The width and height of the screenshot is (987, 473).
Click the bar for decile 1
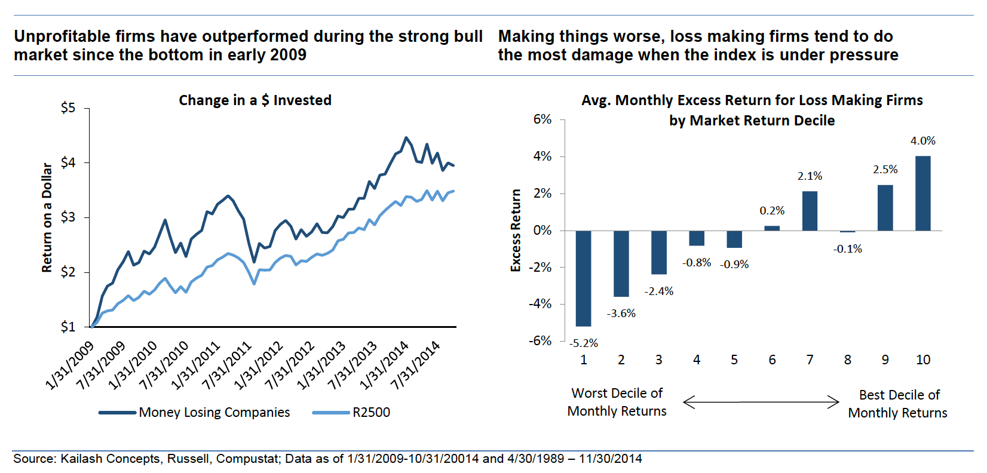(x=583, y=278)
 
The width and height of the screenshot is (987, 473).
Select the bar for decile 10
(x=922, y=193)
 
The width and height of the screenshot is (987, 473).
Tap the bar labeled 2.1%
(x=810, y=211)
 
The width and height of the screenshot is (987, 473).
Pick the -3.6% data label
(x=621, y=314)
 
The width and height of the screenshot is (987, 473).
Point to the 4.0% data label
(x=922, y=141)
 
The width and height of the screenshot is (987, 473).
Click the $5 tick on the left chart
(x=68, y=108)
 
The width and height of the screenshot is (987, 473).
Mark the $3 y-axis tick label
(x=68, y=217)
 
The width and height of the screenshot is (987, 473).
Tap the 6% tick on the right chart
(x=542, y=119)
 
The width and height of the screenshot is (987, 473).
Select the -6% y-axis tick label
(x=540, y=341)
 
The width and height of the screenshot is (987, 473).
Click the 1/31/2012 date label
(x=258, y=365)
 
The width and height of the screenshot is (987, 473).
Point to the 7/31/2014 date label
(x=415, y=365)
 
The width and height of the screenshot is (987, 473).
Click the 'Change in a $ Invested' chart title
(x=255, y=100)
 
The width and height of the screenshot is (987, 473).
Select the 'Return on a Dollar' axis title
(x=47, y=218)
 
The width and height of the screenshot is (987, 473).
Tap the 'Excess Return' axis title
(x=516, y=231)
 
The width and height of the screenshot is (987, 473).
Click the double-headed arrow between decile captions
(x=761, y=402)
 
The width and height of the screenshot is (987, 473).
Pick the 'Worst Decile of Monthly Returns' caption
(x=617, y=402)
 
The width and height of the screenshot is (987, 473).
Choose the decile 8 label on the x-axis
(x=847, y=360)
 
